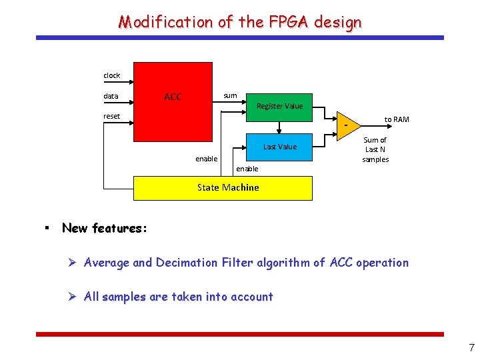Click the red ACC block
(173, 101)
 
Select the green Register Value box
(279, 107)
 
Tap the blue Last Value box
(279, 147)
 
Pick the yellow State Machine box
(223, 188)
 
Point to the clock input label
(112, 75)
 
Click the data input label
(111, 96)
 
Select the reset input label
(112, 116)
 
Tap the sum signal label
(230, 95)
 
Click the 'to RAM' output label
(397, 119)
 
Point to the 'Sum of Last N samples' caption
(375, 149)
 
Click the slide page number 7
(471, 347)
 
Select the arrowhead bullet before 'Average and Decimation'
(74, 263)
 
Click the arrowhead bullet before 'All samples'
(74, 297)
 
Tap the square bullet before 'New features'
(46, 228)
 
